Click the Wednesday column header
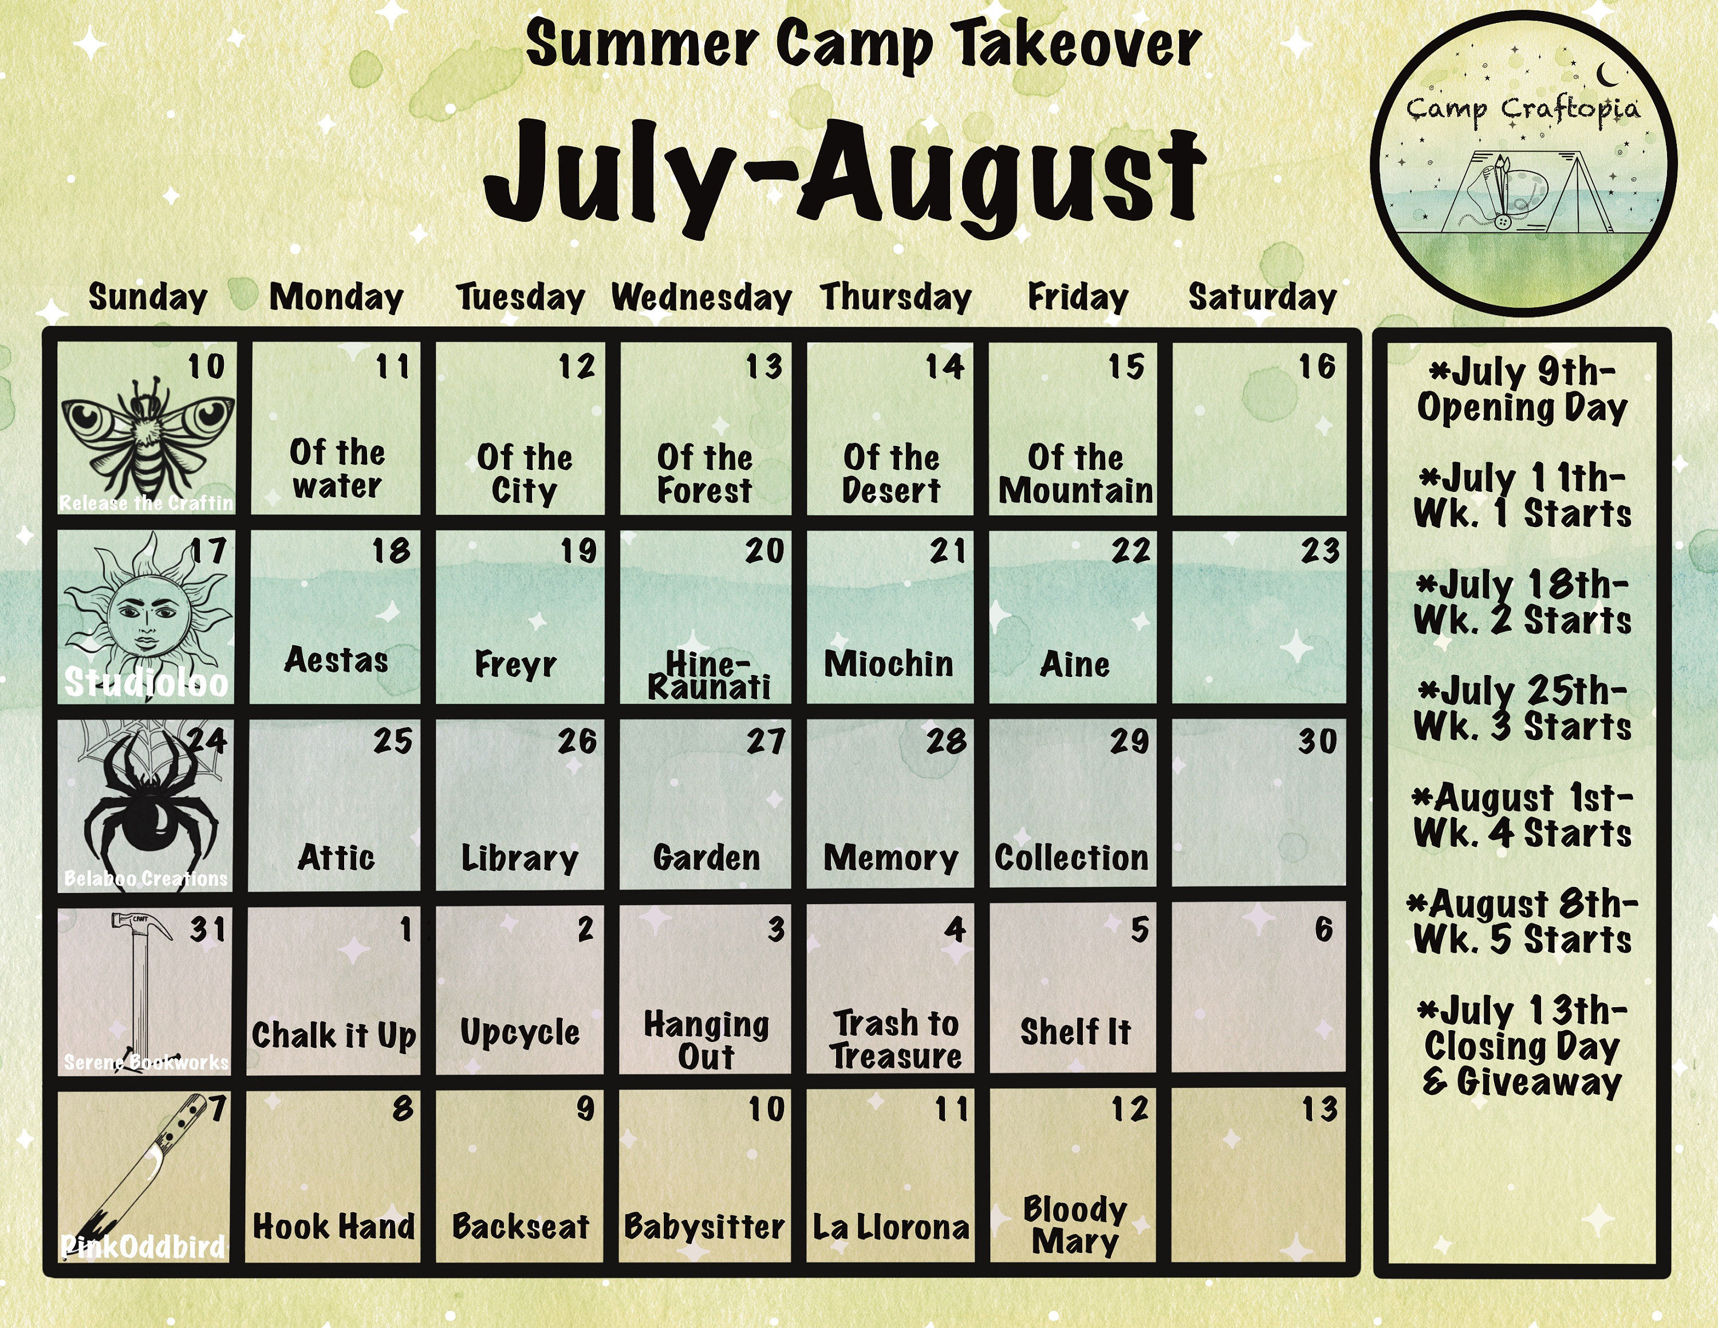[701, 298]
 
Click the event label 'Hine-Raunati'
[708, 675]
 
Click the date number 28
[946, 741]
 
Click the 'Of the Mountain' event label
[1075, 474]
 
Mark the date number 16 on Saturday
[1317, 367]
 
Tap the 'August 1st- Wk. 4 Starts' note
[1522, 816]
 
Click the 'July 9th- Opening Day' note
[1522, 390]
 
